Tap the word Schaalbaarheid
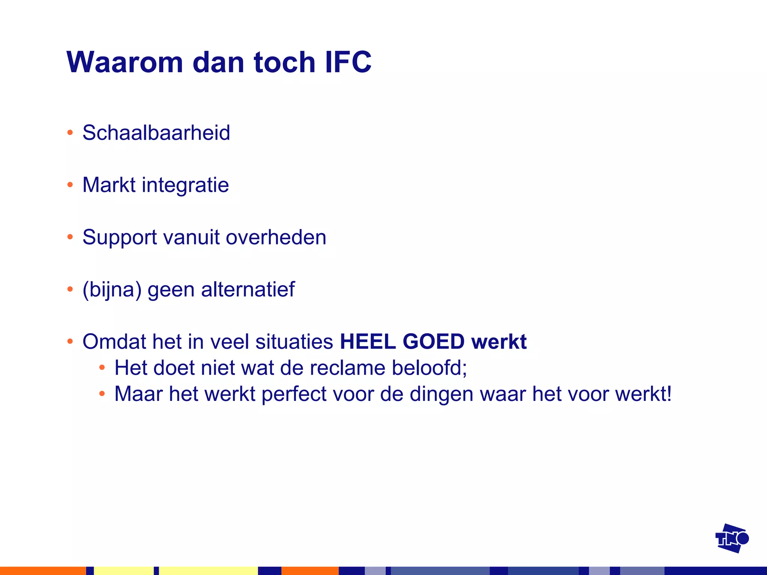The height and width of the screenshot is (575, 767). point(156,133)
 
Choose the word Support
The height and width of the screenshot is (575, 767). point(119,238)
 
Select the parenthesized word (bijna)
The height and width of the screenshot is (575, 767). point(112,290)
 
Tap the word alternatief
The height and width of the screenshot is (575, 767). point(248,289)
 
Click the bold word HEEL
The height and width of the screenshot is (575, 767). point(368,341)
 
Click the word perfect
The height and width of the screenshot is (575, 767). point(294,394)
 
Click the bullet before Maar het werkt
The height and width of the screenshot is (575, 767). point(102,393)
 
